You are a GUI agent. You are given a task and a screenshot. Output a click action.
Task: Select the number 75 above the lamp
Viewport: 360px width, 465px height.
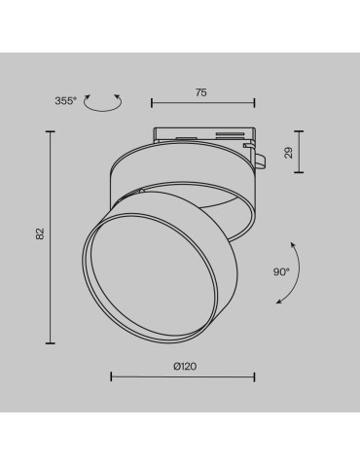[x=201, y=94]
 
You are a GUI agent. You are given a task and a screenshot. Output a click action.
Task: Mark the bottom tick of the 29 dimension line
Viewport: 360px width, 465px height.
[x=299, y=171]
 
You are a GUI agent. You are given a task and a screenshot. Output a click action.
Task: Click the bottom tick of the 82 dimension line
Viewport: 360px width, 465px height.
[x=51, y=342]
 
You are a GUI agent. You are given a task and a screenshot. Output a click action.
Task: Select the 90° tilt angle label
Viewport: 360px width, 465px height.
[x=281, y=272]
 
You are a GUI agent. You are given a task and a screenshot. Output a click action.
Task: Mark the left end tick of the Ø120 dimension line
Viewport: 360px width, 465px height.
[x=110, y=376]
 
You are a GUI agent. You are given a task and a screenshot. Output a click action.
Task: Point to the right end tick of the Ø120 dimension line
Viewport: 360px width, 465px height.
[x=255, y=376]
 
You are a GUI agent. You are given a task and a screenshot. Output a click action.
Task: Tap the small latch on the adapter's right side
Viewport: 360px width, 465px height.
[x=261, y=155]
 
